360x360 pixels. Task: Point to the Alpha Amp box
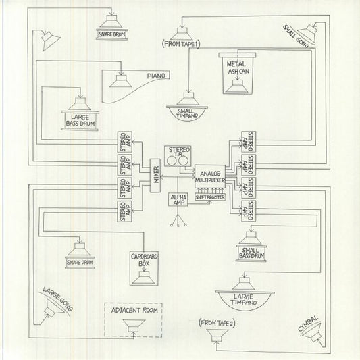click(x=178, y=201)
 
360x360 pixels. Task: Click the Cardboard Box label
click(x=144, y=259)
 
